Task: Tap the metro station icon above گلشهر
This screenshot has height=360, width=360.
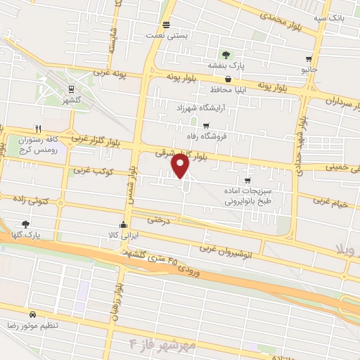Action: click(71, 89)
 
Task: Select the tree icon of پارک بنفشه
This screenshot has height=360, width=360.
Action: click(225, 54)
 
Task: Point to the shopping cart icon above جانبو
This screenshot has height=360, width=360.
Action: click(309, 60)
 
